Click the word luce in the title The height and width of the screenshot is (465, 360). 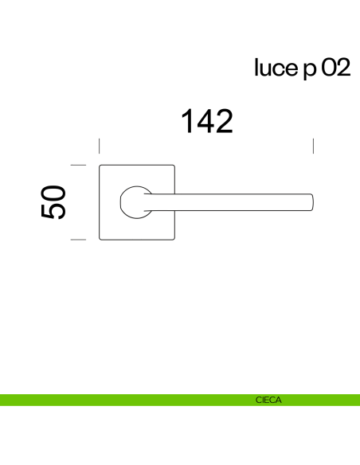[x=274, y=69]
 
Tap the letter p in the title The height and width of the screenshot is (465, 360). [x=310, y=71]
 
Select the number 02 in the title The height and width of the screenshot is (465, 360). [x=335, y=69]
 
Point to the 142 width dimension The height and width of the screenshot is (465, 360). [x=206, y=122]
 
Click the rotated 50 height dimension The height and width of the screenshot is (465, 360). [x=53, y=201]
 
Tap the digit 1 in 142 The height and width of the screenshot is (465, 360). [x=187, y=122]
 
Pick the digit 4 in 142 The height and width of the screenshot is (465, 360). [x=205, y=122]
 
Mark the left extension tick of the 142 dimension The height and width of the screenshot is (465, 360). [x=99, y=146]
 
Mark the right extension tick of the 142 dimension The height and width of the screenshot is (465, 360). [x=314, y=146]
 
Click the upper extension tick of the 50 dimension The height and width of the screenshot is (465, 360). [x=77, y=165]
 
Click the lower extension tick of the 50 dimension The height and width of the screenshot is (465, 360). [x=77, y=239]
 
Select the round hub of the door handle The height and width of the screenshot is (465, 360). [x=136, y=201]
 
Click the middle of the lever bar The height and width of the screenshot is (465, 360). [x=231, y=201]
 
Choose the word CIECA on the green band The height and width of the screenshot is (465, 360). [x=268, y=401]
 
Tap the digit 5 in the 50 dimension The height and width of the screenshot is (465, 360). [x=53, y=211]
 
